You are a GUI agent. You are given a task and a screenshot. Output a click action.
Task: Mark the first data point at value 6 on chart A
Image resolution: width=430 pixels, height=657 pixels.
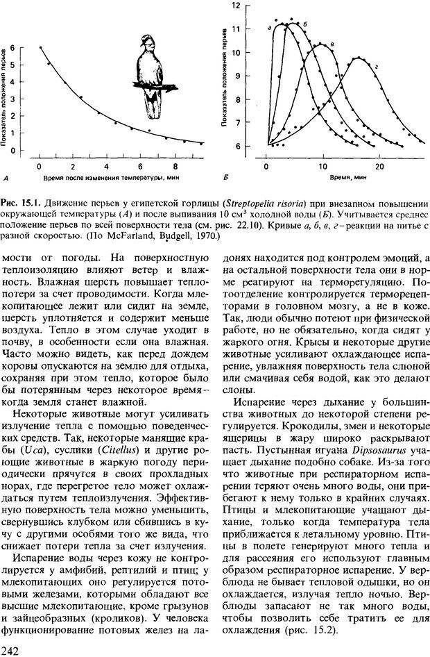[x=40, y=47]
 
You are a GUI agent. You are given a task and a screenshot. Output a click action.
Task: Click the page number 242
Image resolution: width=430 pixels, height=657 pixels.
[x=11, y=649]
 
